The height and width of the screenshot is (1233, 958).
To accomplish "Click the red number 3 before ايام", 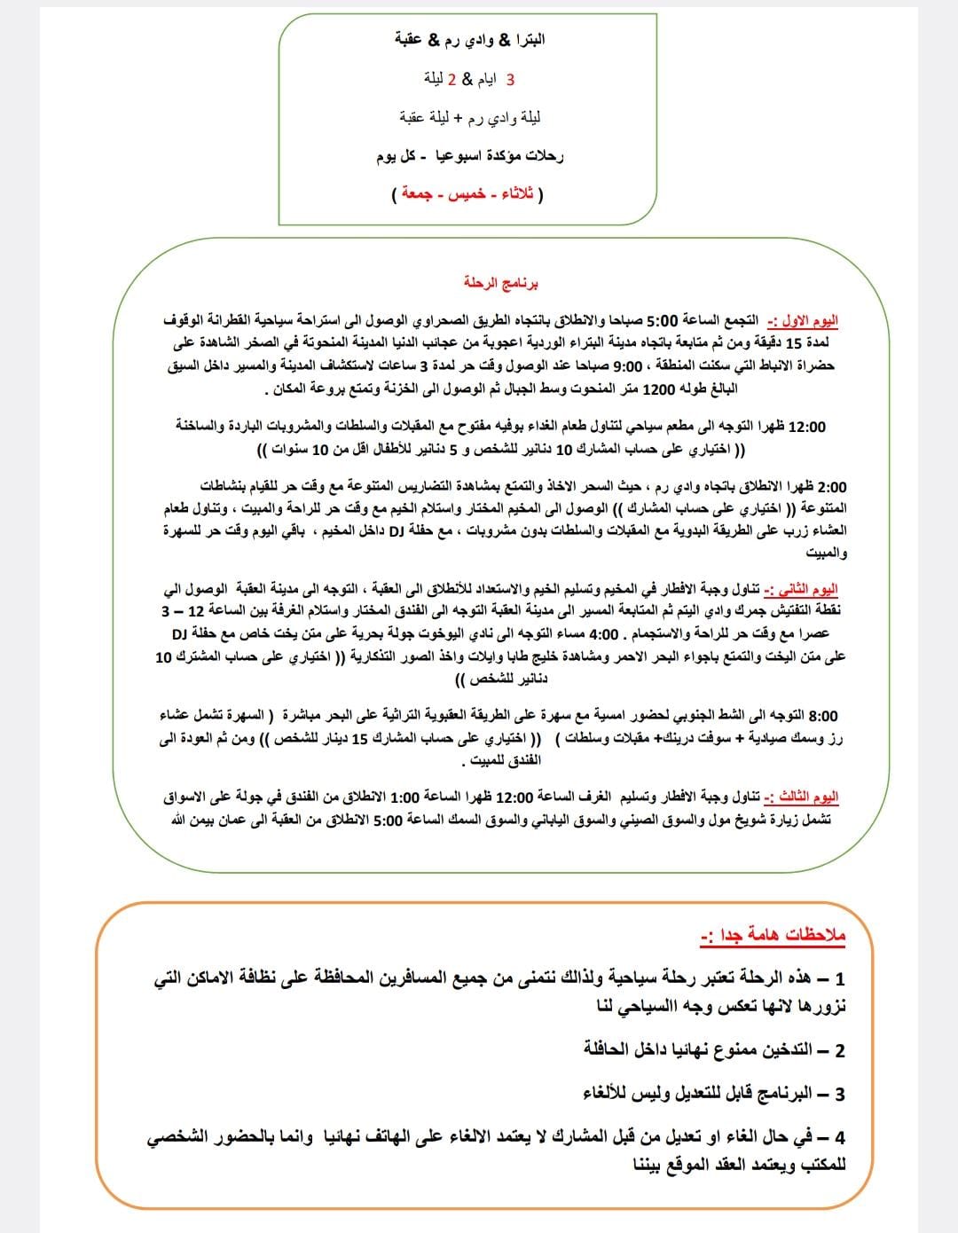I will tap(510, 79).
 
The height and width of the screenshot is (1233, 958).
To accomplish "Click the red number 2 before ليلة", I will tap(451, 79).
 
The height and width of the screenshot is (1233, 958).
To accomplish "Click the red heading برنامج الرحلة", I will tap(501, 283).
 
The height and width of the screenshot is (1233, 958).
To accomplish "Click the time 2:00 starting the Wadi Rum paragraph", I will tap(831, 487).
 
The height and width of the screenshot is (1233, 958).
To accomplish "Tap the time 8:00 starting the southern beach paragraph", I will tap(822, 716).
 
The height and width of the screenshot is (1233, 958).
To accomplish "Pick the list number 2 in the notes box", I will tap(839, 1051).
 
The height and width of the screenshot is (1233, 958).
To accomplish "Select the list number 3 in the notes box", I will tap(839, 1095).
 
